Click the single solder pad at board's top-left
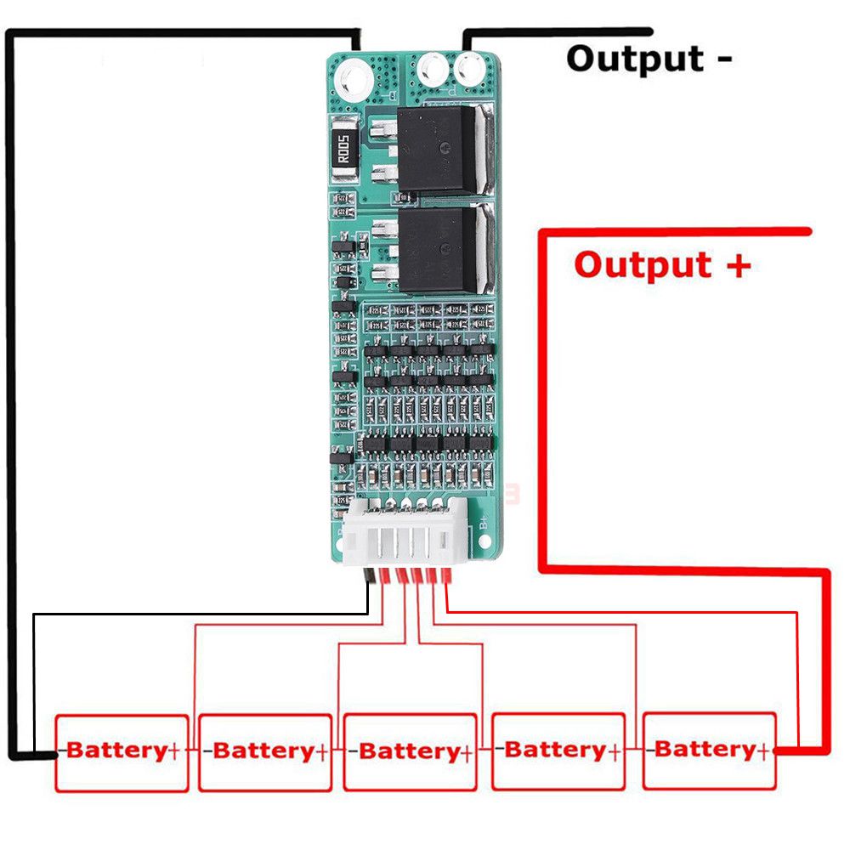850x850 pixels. (x=353, y=81)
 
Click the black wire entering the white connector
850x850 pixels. (x=370, y=578)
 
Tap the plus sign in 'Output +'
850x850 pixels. (x=737, y=264)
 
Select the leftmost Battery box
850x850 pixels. (x=122, y=752)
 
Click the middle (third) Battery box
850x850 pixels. (x=410, y=752)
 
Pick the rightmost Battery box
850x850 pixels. (x=710, y=751)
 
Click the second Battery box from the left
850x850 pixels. (x=264, y=752)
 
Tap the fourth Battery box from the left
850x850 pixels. (x=558, y=751)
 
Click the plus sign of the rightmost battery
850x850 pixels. (x=764, y=751)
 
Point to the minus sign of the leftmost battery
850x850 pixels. (x=61, y=752)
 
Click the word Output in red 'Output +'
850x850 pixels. (x=643, y=264)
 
